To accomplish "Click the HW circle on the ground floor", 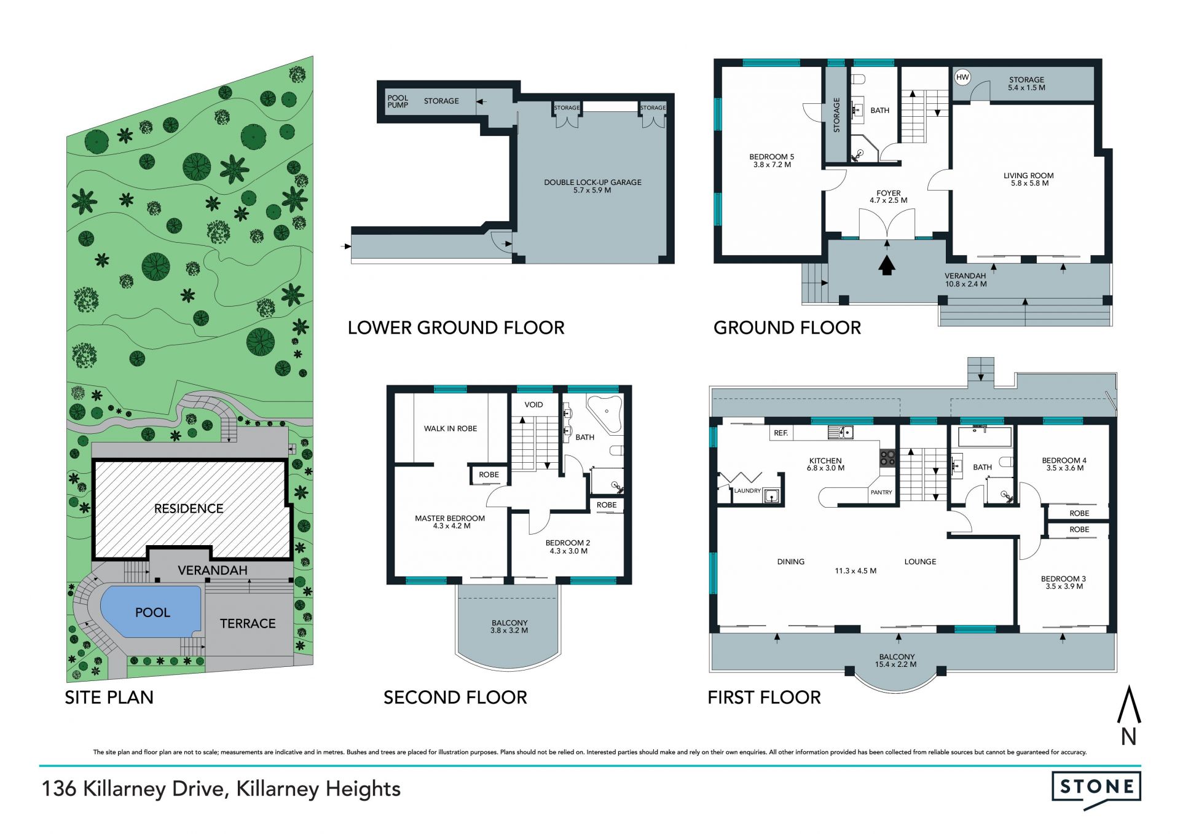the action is (x=962, y=77).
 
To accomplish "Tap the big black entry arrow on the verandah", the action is (x=886, y=266).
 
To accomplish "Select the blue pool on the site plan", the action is (x=151, y=612).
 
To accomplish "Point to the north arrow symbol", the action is (x=1128, y=715).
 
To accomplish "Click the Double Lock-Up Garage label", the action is (x=592, y=186).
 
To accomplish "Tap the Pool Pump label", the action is (x=398, y=101).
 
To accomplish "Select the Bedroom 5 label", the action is (x=772, y=160).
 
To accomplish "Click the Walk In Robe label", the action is (x=450, y=428).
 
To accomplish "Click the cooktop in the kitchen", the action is (x=887, y=458).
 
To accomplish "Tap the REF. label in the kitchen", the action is (x=781, y=433).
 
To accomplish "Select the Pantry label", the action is (x=881, y=492).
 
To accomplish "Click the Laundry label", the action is (x=747, y=490).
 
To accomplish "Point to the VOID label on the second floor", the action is (x=533, y=404).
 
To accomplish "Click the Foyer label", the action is (x=889, y=196).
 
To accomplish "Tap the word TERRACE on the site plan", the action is (x=248, y=623).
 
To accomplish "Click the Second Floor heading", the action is (x=455, y=697).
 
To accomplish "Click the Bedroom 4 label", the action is (x=1064, y=464).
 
